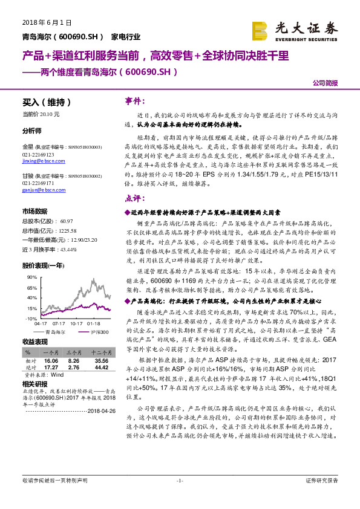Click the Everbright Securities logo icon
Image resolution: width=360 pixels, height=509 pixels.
click(259, 30)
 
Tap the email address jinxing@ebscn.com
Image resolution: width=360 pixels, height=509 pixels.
click(39, 161)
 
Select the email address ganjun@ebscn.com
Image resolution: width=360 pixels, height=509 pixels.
click(39, 189)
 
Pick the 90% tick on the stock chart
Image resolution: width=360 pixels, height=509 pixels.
click(31, 276)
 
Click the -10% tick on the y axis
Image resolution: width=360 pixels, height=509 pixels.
click(30, 318)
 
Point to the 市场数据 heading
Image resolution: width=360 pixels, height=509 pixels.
click(34, 212)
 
